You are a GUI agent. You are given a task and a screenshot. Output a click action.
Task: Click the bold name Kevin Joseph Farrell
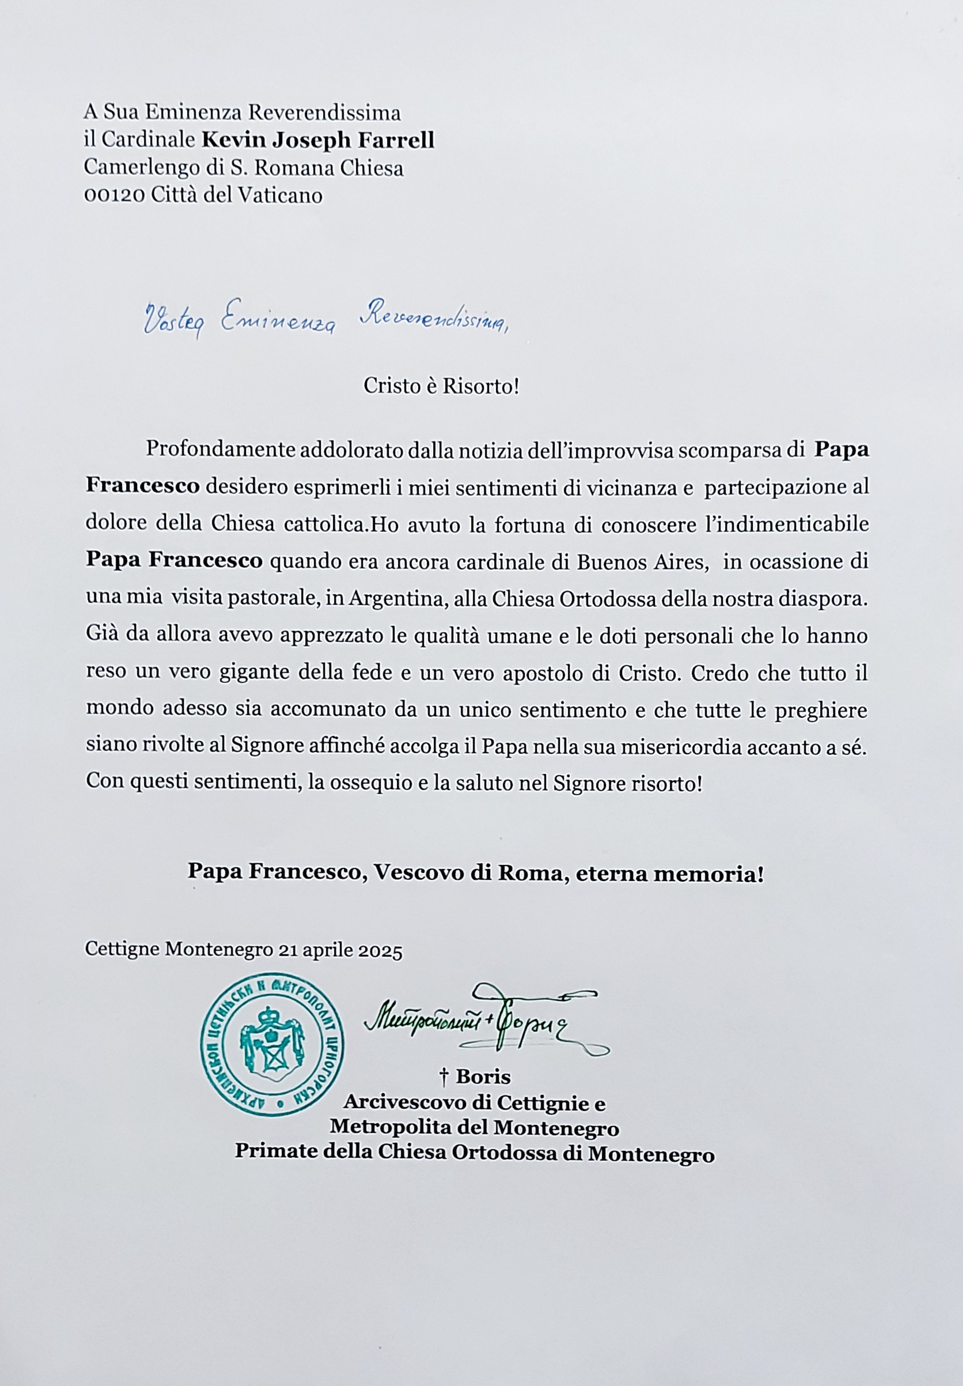(317, 141)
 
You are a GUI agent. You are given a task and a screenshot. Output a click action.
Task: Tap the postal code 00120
(114, 195)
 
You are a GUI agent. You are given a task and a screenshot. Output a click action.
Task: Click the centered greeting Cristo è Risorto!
(441, 386)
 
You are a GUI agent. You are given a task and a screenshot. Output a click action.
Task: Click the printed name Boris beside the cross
(483, 1077)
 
